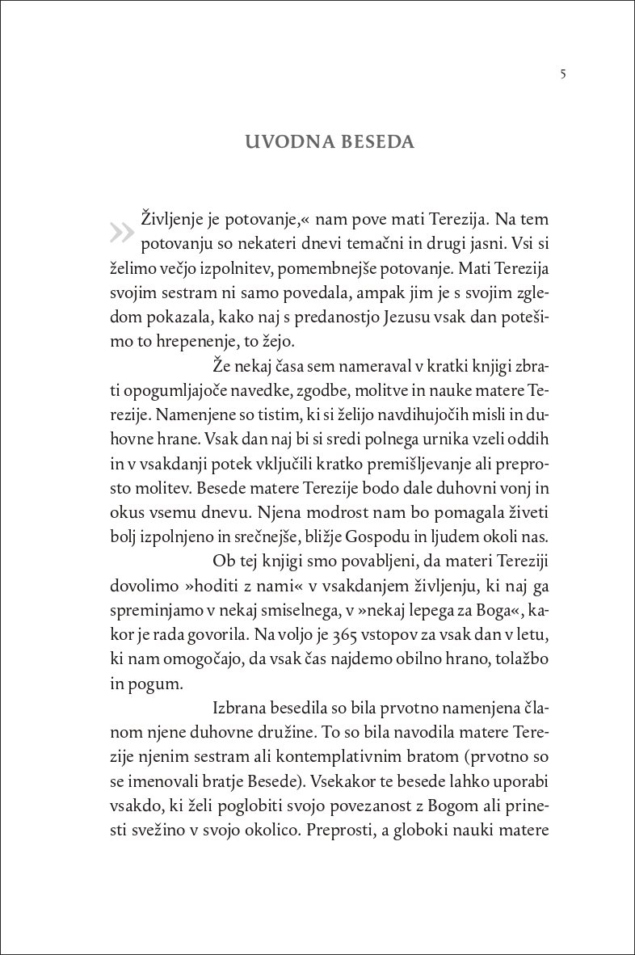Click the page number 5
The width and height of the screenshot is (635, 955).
click(562, 74)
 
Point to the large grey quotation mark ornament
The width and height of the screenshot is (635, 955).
click(121, 233)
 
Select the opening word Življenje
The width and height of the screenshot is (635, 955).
click(176, 219)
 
